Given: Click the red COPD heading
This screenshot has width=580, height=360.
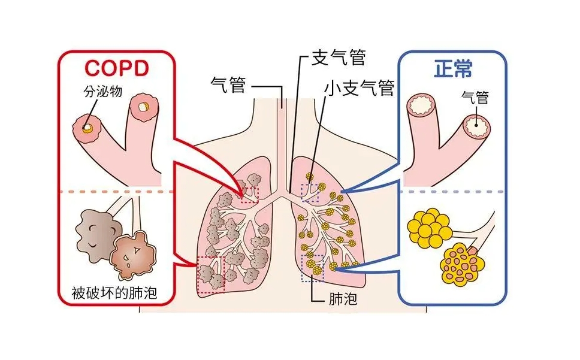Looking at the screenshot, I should (x=116, y=68).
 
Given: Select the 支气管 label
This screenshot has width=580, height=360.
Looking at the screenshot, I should (x=339, y=58).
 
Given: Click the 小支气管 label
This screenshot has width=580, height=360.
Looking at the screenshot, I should (x=359, y=87).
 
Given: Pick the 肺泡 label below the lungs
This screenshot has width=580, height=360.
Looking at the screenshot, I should (x=344, y=298).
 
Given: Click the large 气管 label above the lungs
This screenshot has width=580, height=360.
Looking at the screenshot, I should (x=229, y=84).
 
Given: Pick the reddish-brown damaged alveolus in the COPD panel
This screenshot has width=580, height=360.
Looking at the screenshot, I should (x=133, y=252).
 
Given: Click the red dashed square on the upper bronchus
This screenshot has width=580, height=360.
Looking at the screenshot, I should (x=248, y=195).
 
